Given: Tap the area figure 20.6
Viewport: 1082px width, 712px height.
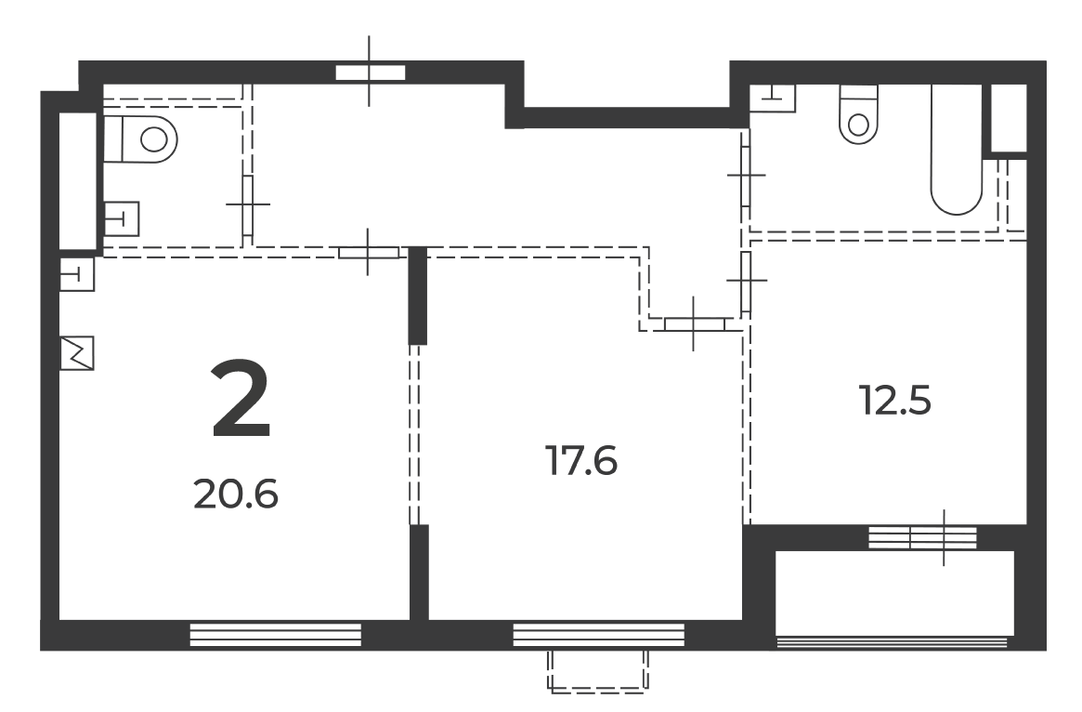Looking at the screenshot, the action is click(x=236, y=494).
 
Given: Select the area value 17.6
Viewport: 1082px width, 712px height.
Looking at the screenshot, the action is click(x=581, y=461).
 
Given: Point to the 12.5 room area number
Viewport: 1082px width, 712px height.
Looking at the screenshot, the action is click(x=895, y=401).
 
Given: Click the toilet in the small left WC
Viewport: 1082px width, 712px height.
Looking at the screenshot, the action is click(x=141, y=139).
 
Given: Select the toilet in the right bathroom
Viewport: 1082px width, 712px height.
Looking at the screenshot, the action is click(x=858, y=114).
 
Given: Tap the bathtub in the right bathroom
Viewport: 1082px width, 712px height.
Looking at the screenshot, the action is click(x=957, y=149).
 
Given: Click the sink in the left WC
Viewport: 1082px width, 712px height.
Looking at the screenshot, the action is click(x=121, y=219).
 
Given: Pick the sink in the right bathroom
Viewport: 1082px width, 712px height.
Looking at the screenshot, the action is click(x=773, y=99).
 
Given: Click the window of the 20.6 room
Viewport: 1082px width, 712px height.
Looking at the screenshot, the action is click(x=275, y=635).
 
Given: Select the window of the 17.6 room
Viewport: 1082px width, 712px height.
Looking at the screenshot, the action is click(x=599, y=635).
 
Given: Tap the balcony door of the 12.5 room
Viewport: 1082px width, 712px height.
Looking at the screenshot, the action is click(x=922, y=537).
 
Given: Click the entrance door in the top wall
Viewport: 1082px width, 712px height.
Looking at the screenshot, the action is click(x=370, y=73).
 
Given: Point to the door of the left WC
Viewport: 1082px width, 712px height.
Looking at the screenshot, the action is click(x=248, y=205).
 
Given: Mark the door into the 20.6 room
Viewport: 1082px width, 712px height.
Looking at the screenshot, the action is click(x=369, y=253).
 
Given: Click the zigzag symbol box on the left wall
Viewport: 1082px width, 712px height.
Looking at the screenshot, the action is click(x=76, y=353).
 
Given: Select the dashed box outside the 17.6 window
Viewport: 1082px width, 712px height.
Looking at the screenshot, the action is click(x=598, y=670).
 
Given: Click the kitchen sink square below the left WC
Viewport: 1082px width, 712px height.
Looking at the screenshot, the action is click(x=76, y=274).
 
